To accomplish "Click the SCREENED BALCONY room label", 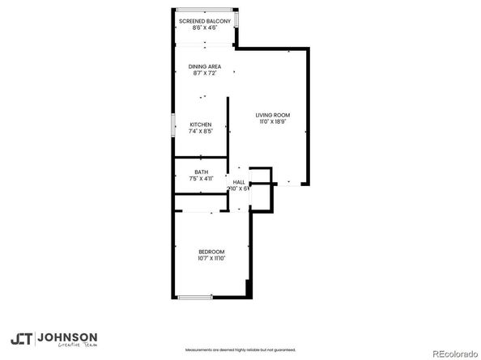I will point(204,21).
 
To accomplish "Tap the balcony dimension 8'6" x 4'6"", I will point(204,28).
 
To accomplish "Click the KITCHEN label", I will point(201,125).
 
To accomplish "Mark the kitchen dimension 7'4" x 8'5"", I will point(201,131).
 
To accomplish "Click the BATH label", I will point(201,172).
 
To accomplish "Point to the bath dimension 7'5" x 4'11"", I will point(201,178).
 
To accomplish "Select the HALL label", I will point(239,182).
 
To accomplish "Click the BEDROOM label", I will point(211,252).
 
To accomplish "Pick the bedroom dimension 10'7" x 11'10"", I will point(211,259).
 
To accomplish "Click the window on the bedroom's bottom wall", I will point(195,298).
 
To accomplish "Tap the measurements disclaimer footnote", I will point(240,350).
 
